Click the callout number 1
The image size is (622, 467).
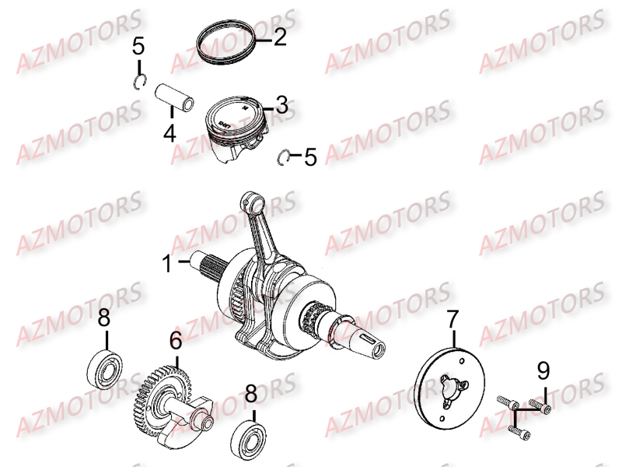point(168,263)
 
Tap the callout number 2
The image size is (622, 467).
point(279,37)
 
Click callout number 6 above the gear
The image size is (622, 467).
point(176,341)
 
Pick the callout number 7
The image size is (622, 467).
point(453,318)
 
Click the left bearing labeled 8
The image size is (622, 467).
point(103,368)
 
